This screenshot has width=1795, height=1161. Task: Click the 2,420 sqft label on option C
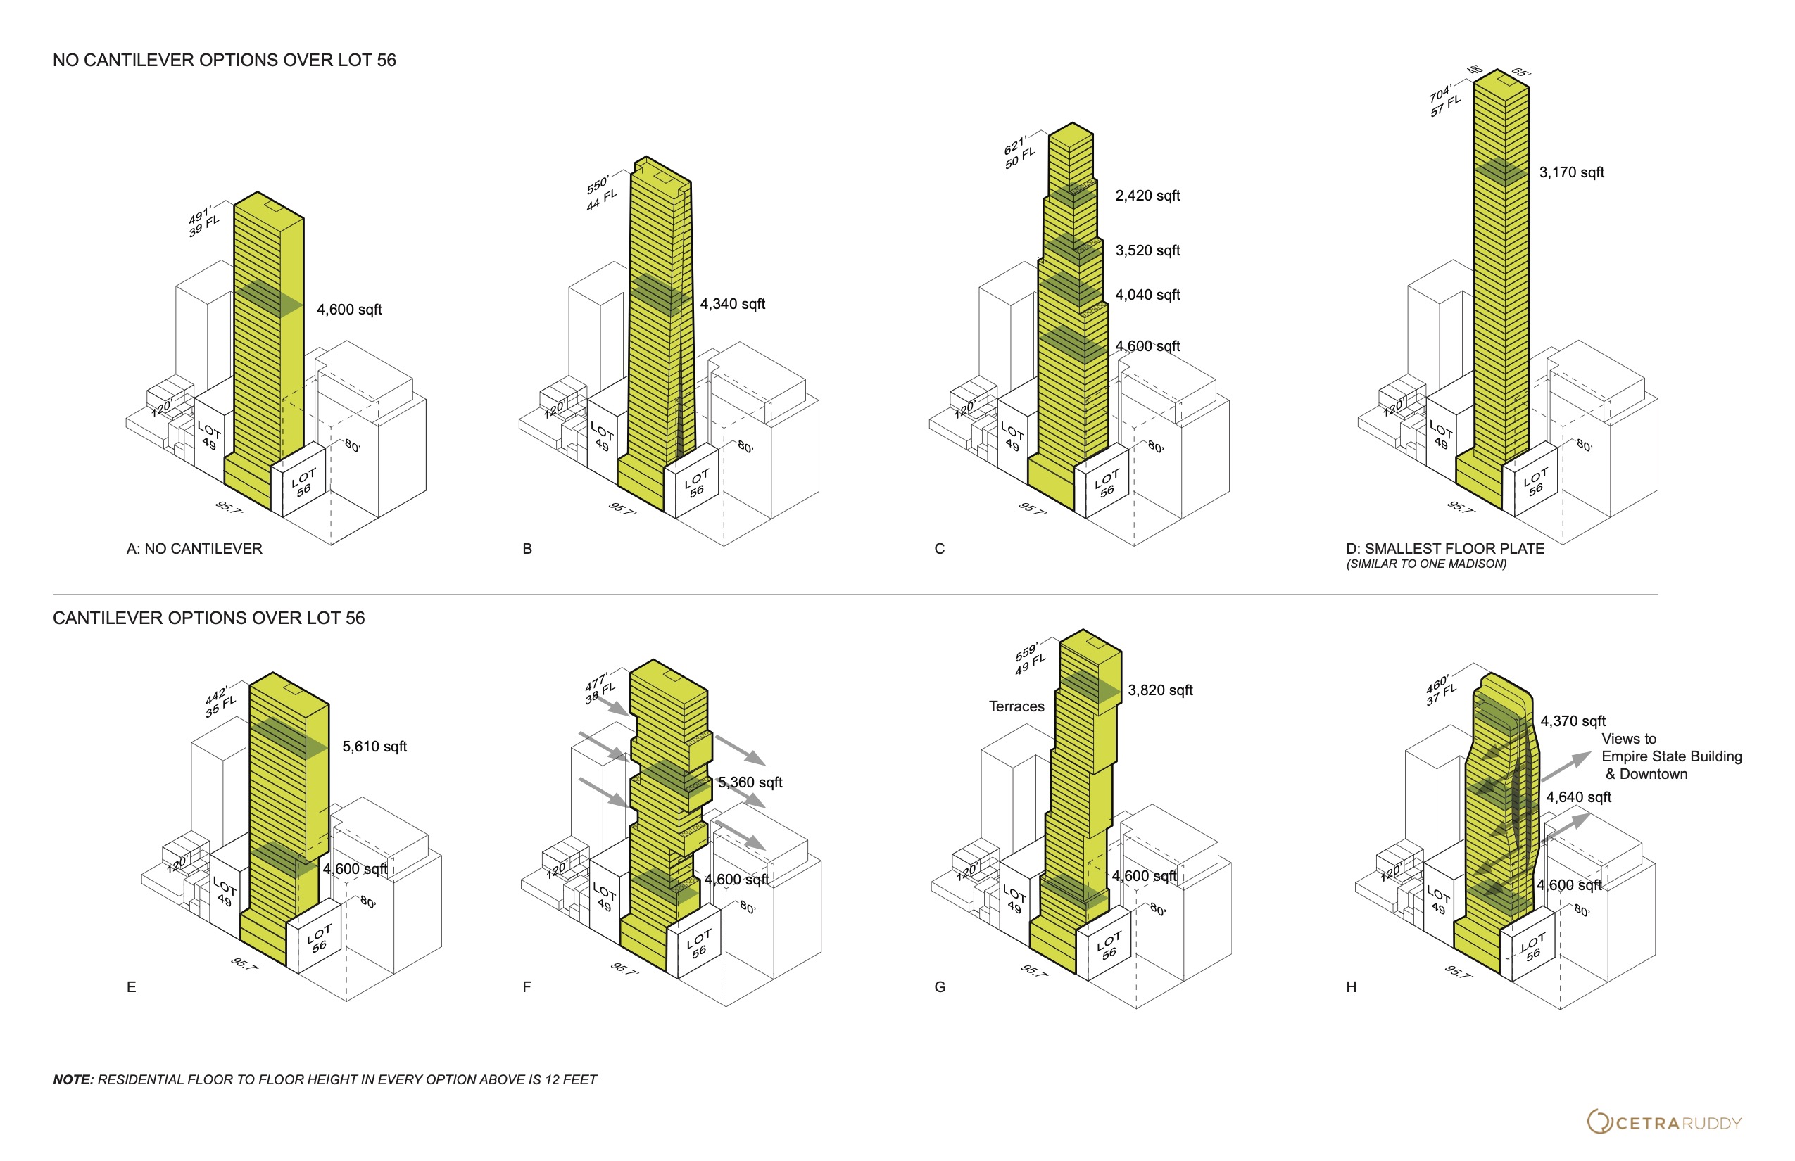[x=1147, y=196]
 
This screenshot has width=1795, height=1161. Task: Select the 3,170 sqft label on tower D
[x=1572, y=172]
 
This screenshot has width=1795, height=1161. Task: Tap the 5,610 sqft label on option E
[x=374, y=747]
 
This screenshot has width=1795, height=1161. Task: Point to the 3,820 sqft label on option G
[x=1160, y=690]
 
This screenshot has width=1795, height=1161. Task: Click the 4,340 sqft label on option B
[x=732, y=304]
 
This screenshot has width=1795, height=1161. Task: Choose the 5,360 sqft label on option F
[x=750, y=782]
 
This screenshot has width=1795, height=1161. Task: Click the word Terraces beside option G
[x=1016, y=706]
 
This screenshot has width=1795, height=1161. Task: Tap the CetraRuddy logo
[x=1665, y=1122]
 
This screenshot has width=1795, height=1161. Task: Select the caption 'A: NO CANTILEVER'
[x=194, y=549]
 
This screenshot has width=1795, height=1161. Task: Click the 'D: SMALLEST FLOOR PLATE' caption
[x=1445, y=549]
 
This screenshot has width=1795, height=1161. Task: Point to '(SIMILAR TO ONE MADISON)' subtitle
[x=1426, y=564]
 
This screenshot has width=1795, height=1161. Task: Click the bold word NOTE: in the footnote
[x=73, y=1079]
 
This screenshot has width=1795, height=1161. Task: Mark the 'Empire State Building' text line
[x=1671, y=756]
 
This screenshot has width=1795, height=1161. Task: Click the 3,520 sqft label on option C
[x=1147, y=250]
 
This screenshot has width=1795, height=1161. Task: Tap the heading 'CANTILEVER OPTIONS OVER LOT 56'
[x=209, y=618]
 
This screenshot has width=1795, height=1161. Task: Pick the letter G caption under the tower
[x=940, y=986]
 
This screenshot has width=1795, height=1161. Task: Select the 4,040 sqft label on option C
[x=1147, y=295]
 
